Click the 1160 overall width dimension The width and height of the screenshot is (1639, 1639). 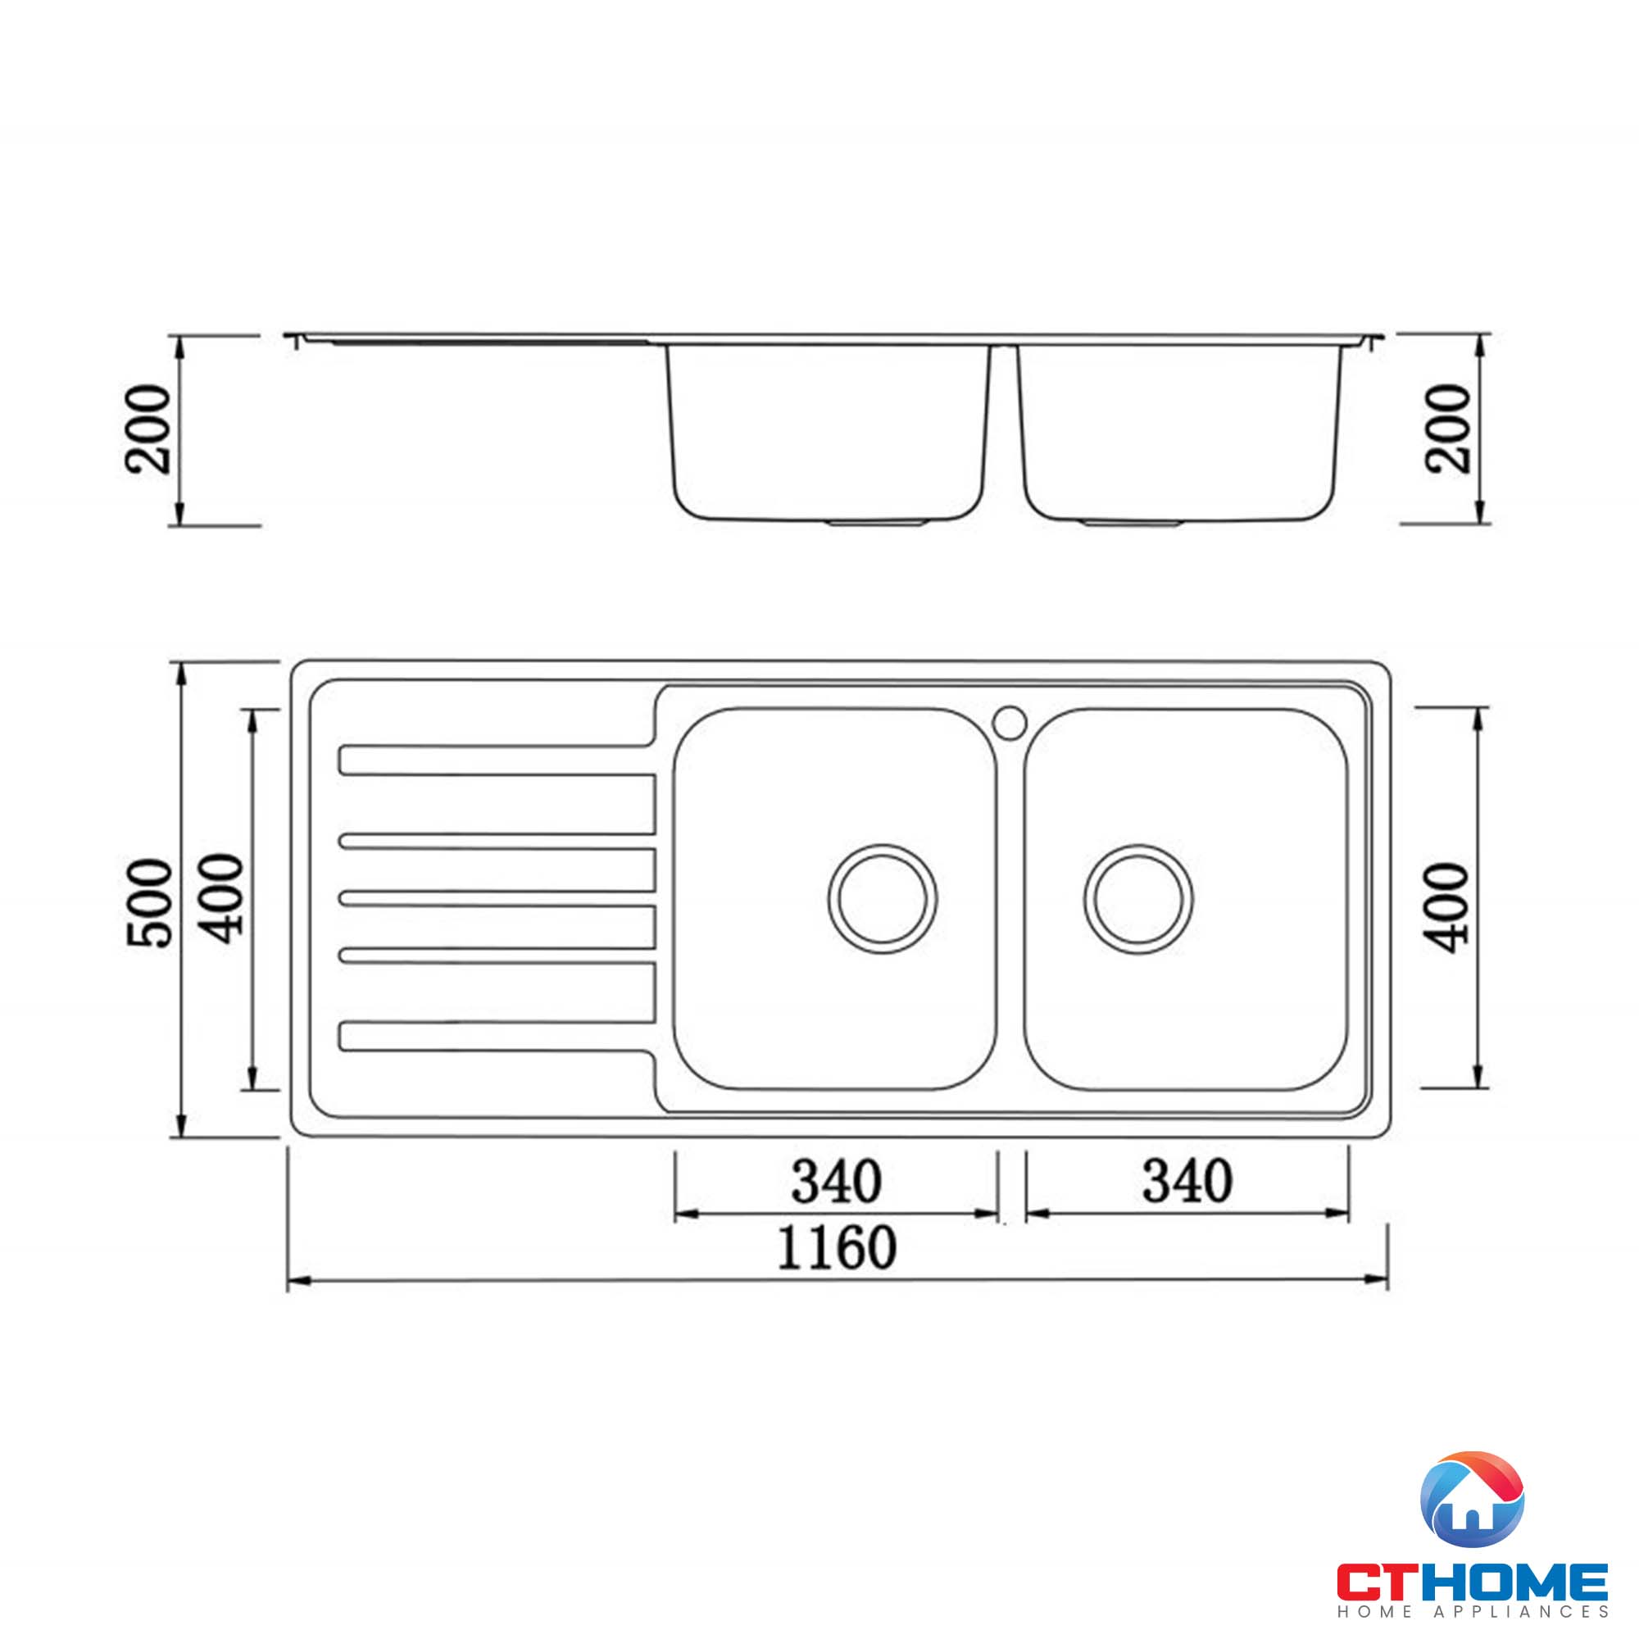(837, 1248)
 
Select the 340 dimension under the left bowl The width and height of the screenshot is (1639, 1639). (837, 1182)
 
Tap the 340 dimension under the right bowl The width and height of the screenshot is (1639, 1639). (1187, 1182)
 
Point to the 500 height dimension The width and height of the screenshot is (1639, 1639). (150, 901)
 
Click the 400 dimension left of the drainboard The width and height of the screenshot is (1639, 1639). (224, 898)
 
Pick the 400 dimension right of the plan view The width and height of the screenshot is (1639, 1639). (1446, 907)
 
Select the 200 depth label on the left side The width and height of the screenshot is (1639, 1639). (148, 429)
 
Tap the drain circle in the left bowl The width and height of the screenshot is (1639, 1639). (883, 898)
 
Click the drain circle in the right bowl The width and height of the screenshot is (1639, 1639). (1137, 898)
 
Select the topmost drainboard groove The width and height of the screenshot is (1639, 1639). (497, 760)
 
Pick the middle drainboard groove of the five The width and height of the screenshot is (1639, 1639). (497, 898)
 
